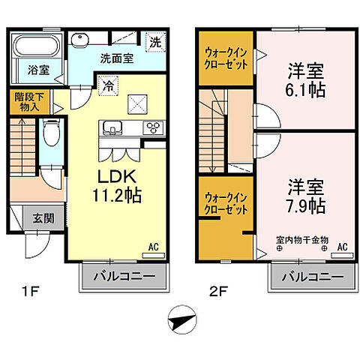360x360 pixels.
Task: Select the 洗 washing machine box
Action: [x=154, y=42]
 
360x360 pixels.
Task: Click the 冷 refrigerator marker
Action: [x=109, y=86]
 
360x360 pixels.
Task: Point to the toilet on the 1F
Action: [x=50, y=135]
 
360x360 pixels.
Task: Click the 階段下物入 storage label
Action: [x=28, y=102]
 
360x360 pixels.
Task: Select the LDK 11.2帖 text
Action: [x=117, y=185]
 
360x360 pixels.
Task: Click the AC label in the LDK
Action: [x=152, y=244]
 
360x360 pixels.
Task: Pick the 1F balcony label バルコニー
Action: [x=124, y=278]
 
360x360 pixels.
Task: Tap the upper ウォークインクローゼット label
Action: [x=226, y=58]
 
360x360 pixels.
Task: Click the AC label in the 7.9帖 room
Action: [x=342, y=246]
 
